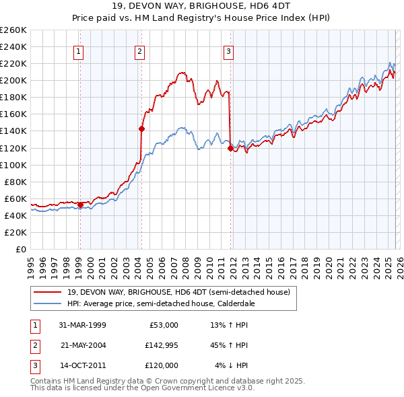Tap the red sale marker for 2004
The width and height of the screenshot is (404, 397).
pyautogui.click(x=142, y=128)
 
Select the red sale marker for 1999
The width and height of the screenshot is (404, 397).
pyautogui.click(x=80, y=204)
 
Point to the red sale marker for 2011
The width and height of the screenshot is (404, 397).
pyautogui.click(x=230, y=147)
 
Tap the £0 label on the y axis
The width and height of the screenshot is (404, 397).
pyautogui.click(x=21, y=249)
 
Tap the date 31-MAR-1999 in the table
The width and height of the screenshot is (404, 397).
pyautogui.click(x=83, y=325)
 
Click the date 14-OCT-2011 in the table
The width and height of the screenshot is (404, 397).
pyautogui.click(x=83, y=365)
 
